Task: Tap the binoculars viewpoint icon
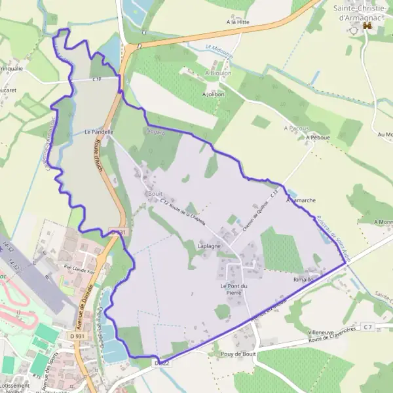coord(367,25)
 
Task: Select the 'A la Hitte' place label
coord(238,22)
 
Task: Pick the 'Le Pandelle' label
coord(98,132)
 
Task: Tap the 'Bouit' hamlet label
coord(155,194)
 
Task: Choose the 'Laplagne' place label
coord(210,246)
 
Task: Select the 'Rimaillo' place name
coord(305,278)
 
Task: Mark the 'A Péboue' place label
coord(316,138)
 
